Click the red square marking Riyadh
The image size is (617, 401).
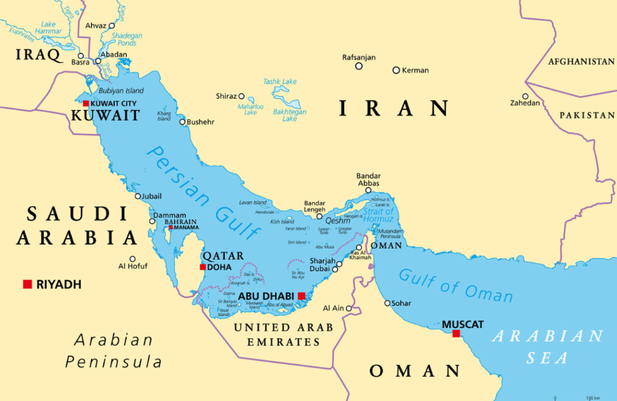[x=27, y=283]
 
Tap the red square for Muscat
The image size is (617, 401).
[x=456, y=333]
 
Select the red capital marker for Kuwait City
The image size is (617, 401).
[x=86, y=103]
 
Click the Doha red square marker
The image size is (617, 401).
[x=203, y=267]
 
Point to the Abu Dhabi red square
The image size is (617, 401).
[x=301, y=296]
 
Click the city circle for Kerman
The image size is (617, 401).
[x=396, y=70]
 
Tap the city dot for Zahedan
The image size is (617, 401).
[x=526, y=97]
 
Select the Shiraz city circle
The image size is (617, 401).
[x=242, y=96]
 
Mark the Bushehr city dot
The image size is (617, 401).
[x=182, y=122]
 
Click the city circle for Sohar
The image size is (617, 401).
[x=388, y=303]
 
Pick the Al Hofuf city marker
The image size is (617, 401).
[x=132, y=259]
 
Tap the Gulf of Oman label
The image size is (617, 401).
[x=455, y=284]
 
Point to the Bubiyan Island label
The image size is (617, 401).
[x=120, y=91]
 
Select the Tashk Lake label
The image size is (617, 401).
[x=280, y=81]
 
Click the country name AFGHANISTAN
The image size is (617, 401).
[x=581, y=62]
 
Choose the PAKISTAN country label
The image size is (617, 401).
[x=587, y=115]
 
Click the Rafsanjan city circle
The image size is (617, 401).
[x=359, y=66]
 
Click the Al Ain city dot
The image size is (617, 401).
[x=349, y=308]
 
